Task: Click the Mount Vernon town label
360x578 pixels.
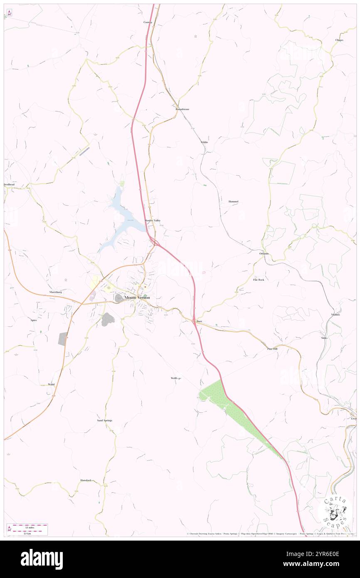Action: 137,298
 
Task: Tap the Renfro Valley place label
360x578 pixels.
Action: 152,220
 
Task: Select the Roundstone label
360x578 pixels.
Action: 182,109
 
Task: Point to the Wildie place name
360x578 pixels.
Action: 204,142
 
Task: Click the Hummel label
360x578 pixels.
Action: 233,202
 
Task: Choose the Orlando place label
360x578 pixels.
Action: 264,254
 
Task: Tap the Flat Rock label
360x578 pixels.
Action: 259,280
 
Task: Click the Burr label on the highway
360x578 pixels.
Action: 199,321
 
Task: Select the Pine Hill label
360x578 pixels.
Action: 272,348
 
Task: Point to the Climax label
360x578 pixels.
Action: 340,40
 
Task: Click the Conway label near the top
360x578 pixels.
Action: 148,22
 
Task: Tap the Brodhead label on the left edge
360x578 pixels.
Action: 9,184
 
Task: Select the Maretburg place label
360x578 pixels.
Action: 56,292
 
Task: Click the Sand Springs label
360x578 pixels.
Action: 105,420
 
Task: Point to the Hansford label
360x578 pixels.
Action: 86,480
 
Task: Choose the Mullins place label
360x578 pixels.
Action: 336,314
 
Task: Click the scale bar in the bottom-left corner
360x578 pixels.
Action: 27,529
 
